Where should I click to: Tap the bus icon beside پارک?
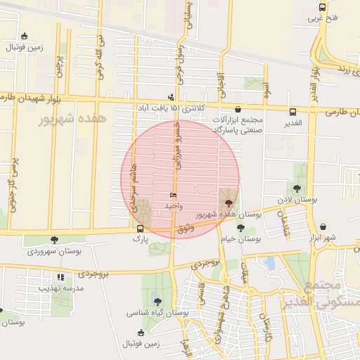[x=141, y=229]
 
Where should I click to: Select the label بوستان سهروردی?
[x=54, y=250]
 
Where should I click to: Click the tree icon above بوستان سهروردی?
[x=54, y=240]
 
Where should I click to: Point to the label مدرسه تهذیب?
[x=64, y=288]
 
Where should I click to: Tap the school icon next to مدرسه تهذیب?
[x=61, y=278]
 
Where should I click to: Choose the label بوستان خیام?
[x=241, y=239]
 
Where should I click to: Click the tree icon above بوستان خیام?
[x=241, y=229]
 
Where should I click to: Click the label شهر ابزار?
[x=323, y=238]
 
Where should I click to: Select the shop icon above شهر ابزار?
[x=323, y=227]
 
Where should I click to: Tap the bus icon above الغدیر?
[x=293, y=112]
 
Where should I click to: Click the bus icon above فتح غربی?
[x=323, y=6]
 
